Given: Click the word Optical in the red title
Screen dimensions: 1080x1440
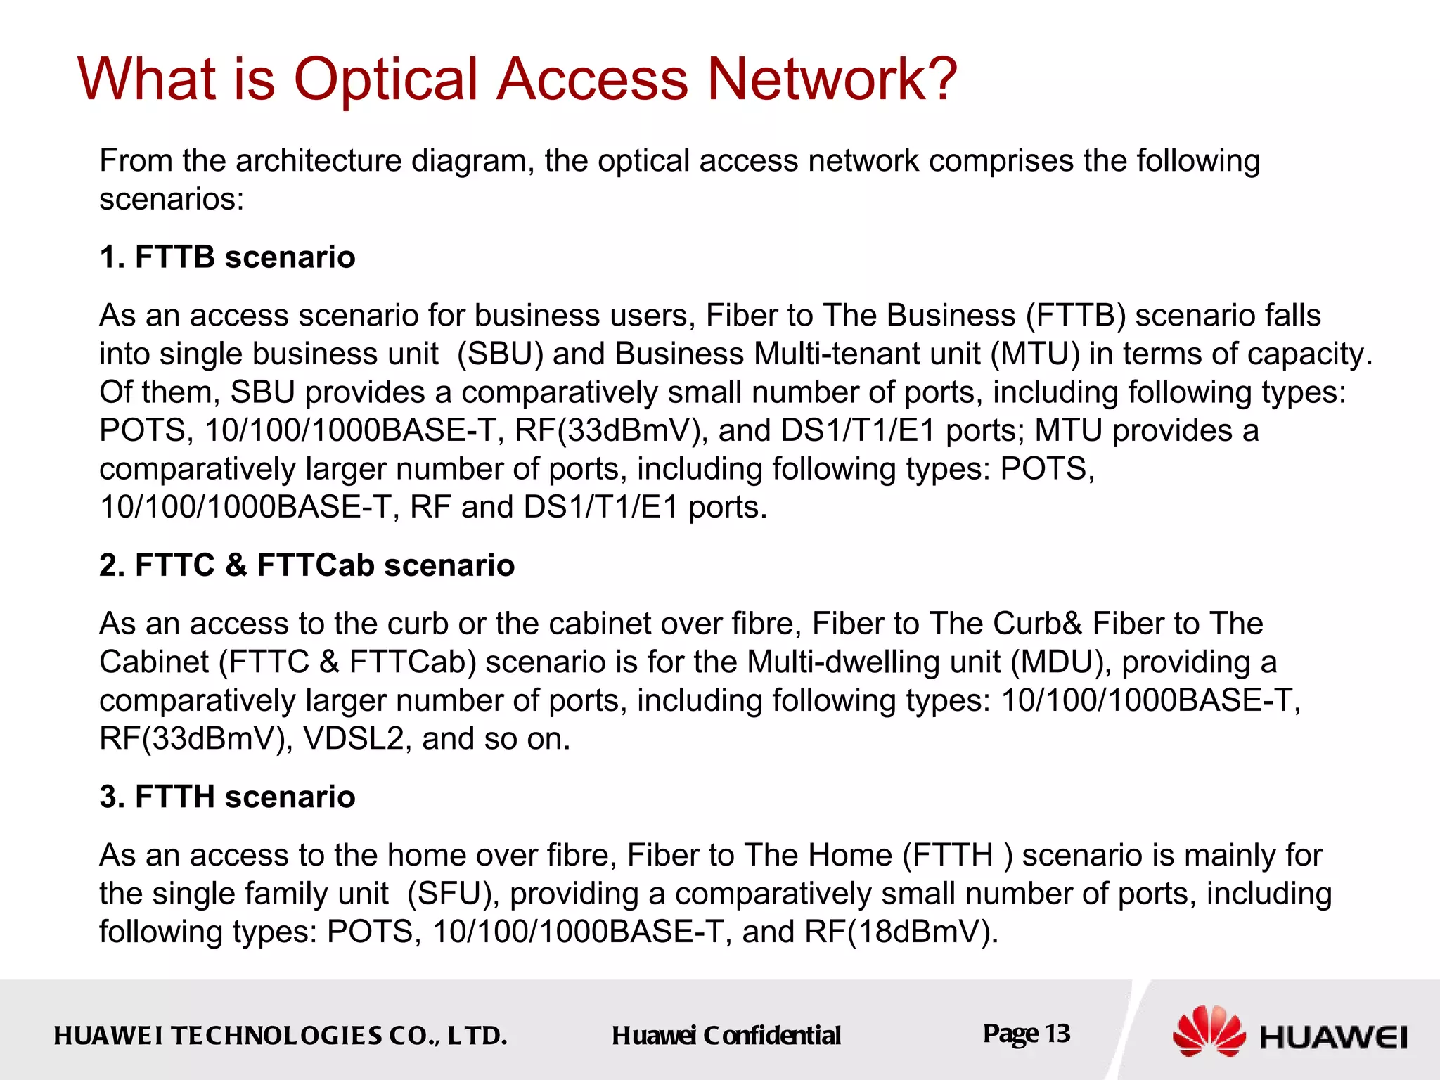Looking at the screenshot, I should click(385, 79).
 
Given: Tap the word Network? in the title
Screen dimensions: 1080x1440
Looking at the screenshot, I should click(831, 79).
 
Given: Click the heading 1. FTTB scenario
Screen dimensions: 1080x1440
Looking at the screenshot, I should click(227, 257).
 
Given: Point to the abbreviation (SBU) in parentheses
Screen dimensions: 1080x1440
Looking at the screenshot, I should click(500, 354).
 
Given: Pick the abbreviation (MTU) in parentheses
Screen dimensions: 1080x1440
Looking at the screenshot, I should click(1035, 354).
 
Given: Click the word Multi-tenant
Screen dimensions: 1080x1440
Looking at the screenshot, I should click(867, 354).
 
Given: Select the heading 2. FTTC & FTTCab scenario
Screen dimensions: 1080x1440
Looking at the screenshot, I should click(307, 565).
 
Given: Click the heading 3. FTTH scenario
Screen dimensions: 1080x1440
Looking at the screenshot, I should click(227, 797).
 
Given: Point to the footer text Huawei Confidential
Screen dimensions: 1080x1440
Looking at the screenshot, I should click(726, 1036).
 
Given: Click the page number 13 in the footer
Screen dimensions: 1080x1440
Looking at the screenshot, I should click(1057, 1034).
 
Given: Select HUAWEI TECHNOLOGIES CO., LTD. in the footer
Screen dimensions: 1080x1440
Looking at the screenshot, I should click(281, 1036).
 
